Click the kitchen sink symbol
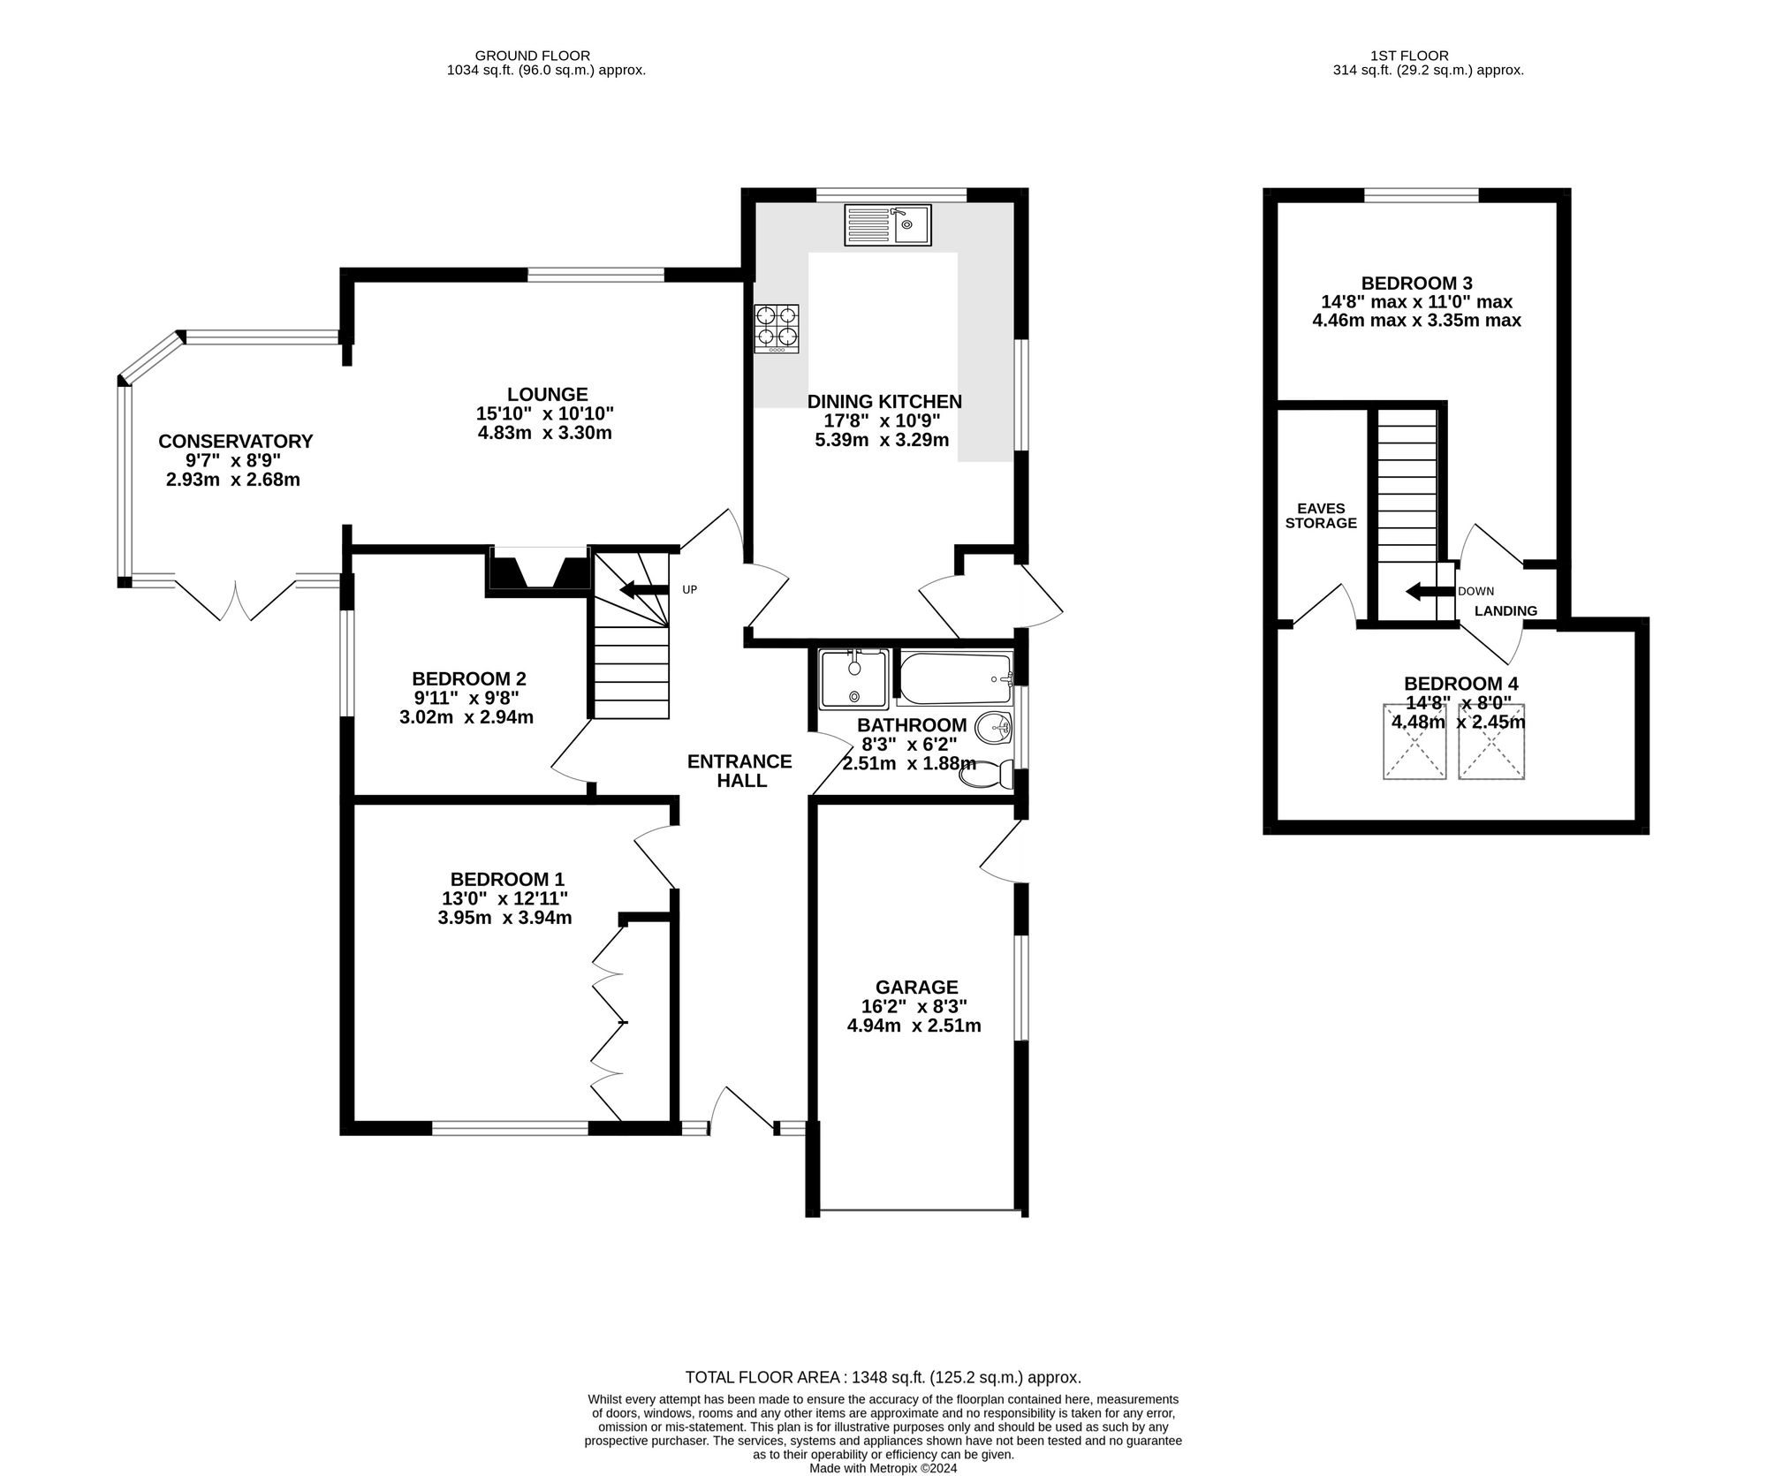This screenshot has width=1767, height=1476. (x=886, y=223)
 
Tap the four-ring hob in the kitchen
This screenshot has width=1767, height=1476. (x=777, y=329)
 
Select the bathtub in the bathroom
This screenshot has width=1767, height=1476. (x=954, y=678)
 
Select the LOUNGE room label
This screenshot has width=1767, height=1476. (x=547, y=395)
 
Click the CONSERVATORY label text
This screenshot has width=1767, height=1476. (x=235, y=441)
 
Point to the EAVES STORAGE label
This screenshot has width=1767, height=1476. (x=1320, y=516)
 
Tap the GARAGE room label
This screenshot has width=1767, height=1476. (x=916, y=987)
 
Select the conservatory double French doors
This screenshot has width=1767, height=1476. (x=235, y=601)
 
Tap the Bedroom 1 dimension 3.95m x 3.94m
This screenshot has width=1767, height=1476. (x=504, y=918)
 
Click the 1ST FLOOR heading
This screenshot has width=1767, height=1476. (x=1428, y=56)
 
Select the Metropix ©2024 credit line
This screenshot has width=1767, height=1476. (x=883, y=1468)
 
